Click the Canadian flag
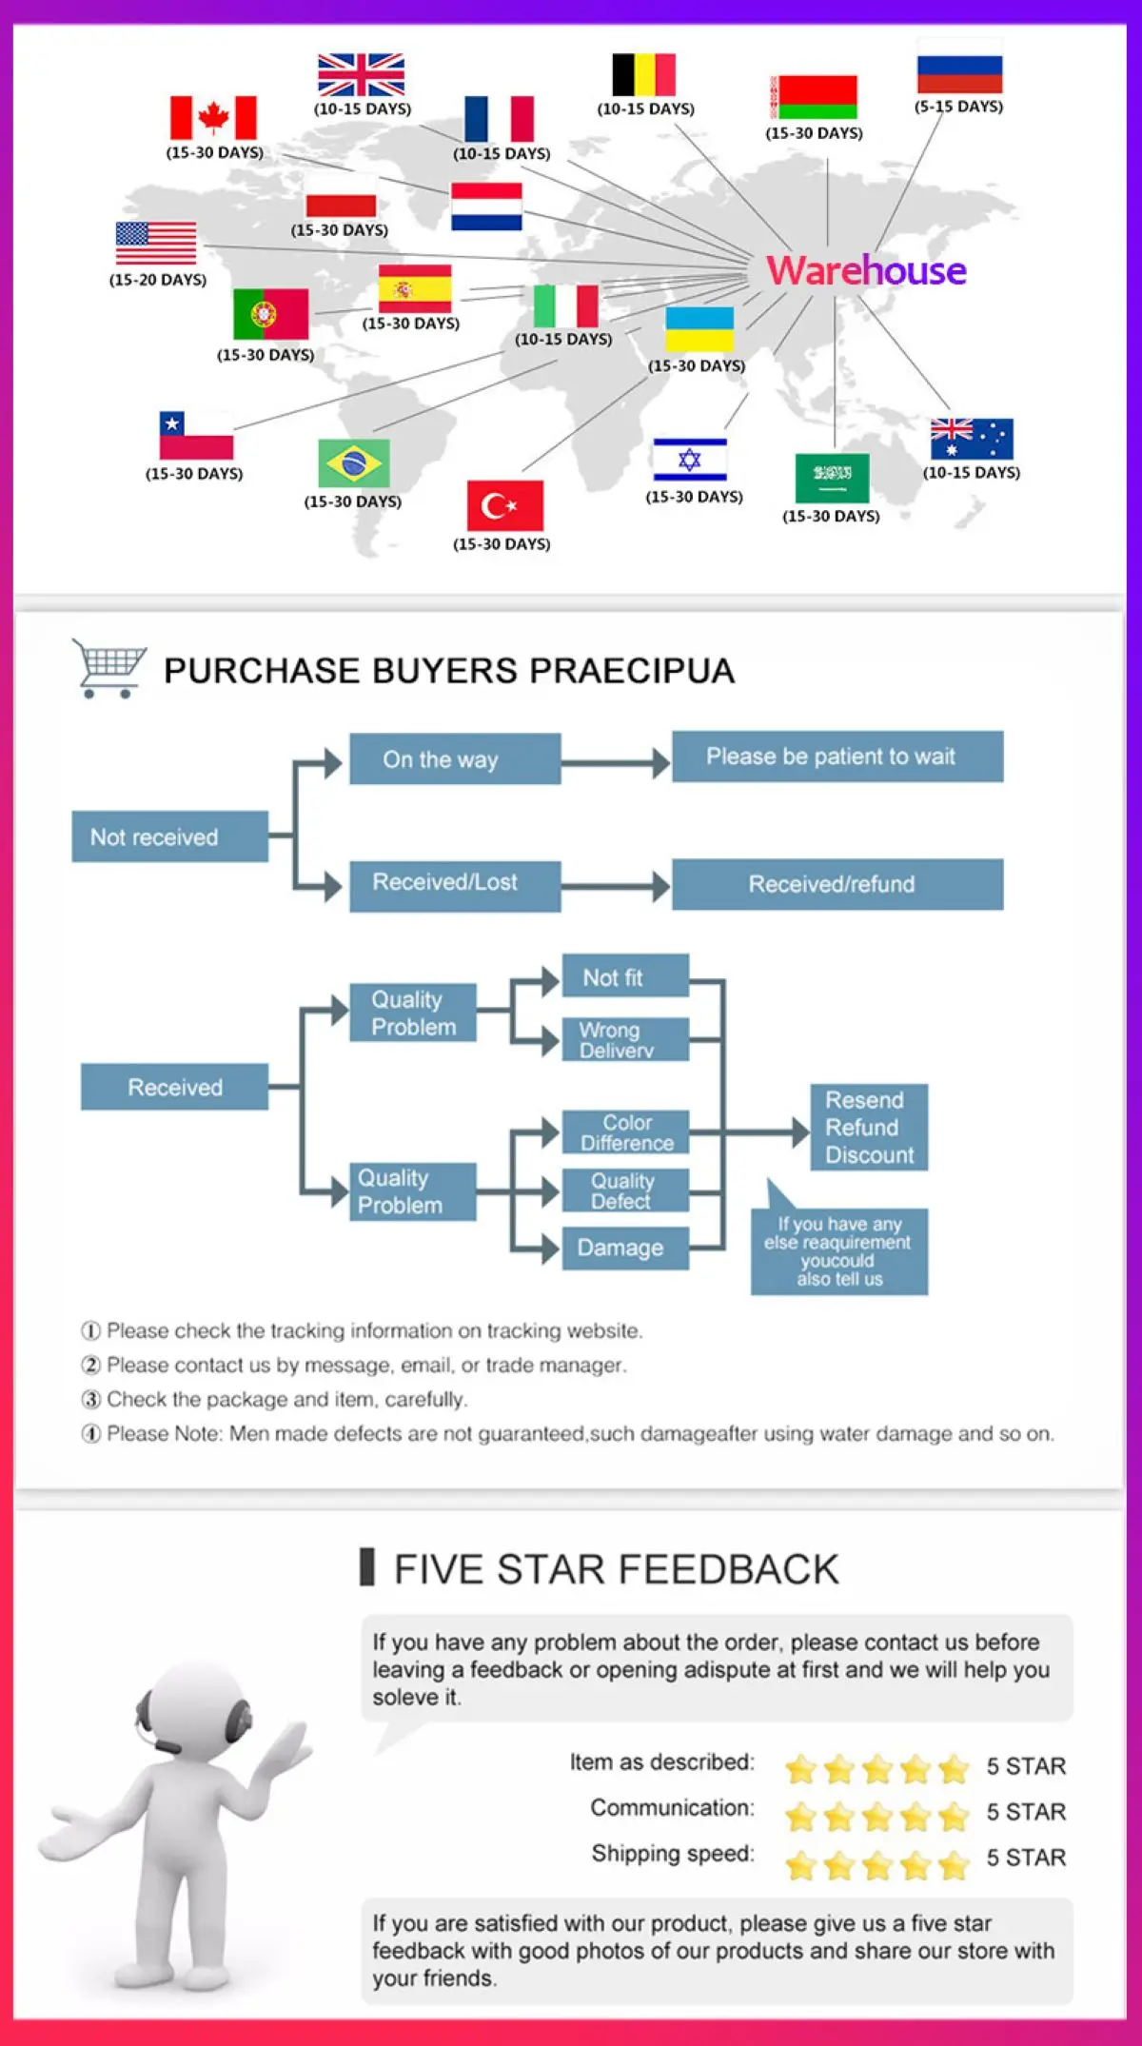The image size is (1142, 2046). click(x=213, y=118)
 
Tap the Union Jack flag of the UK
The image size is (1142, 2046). click(x=361, y=75)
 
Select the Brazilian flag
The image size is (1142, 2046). click(x=353, y=463)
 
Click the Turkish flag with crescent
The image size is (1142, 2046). click(x=504, y=505)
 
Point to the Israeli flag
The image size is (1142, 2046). click(x=690, y=460)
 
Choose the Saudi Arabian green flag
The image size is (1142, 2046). click(x=832, y=478)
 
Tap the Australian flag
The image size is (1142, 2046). click(x=972, y=440)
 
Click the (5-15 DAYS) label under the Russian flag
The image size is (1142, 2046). click(x=958, y=107)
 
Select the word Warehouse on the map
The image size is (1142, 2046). click(x=866, y=270)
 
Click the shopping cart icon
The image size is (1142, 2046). click(x=108, y=667)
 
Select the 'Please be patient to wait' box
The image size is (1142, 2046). click(x=837, y=757)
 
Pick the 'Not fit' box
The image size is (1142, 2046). click(x=624, y=977)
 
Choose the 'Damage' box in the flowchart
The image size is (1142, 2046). click(x=624, y=1248)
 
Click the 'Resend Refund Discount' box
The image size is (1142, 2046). click(x=868, y=1128)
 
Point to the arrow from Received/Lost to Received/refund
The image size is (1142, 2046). click(x=615, y=887)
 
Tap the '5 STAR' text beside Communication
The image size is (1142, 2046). click(x=1026, y=1812)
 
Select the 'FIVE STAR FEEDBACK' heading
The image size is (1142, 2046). click(x=616, y=1569)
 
